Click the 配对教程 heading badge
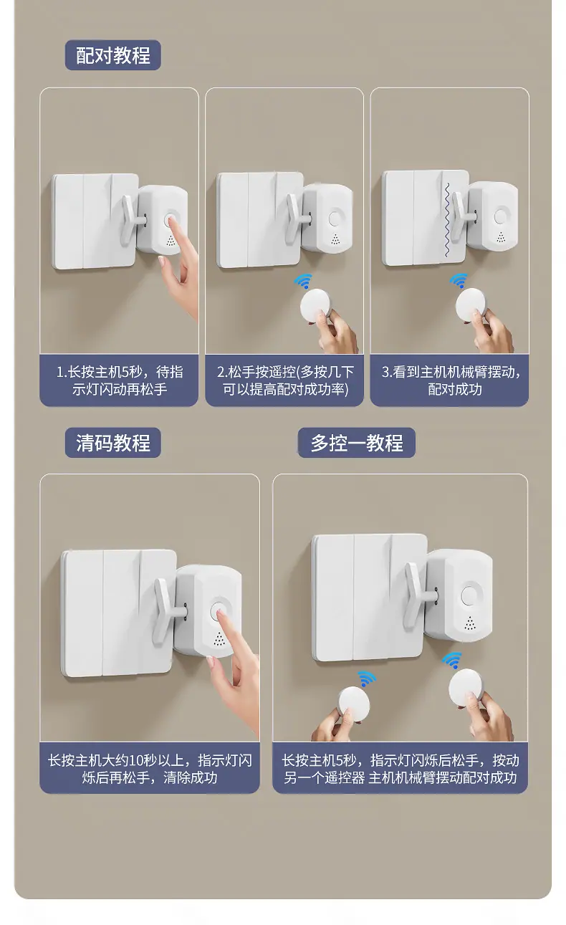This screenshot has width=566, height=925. click(112, 55)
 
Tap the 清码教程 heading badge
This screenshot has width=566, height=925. click(112, 442)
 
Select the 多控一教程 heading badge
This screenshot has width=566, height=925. click(356, 442)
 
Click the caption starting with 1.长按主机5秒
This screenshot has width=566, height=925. click(120, 380)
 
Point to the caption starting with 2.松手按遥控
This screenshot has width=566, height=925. click(285, 380)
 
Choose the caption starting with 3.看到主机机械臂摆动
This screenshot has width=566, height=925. click(451, 380)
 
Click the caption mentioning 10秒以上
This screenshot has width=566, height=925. click(150, 769)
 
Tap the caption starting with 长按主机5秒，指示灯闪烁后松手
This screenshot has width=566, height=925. click(400, 769)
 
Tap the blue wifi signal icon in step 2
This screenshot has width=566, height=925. click(303, 281)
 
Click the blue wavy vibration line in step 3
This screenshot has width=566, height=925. click(448, 219)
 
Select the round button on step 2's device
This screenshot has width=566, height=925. click(335, 218)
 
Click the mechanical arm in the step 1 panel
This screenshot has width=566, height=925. click(132, 219)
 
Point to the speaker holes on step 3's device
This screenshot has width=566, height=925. click(501, 237)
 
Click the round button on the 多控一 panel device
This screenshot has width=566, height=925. click(469, 595)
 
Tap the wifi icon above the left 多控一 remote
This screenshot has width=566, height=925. click(367, 679)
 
